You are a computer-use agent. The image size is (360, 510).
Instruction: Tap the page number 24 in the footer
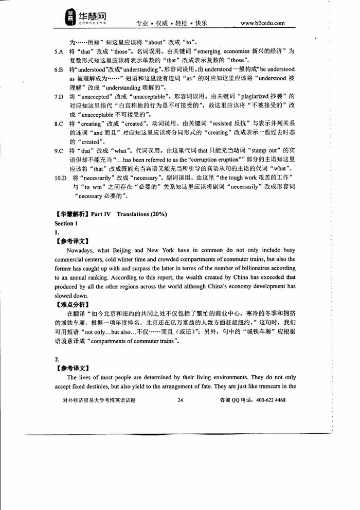180,400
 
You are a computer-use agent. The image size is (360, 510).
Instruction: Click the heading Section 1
66,223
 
